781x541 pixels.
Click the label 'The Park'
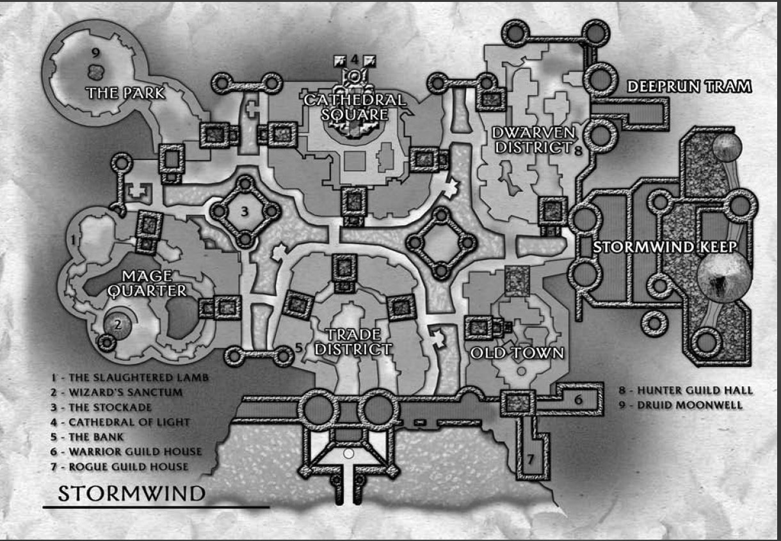click(126, 93)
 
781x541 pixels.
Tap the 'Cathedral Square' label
click(354, 107)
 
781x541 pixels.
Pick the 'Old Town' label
click(517, 353)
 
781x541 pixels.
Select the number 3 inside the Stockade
click(244, 210)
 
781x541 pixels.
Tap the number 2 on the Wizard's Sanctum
click(118, 323)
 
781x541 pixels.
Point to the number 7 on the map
click(530, 458)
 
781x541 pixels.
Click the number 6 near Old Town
click(577, 400)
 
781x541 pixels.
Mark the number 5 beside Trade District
click(299, 348)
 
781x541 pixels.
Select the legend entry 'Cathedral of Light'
click(129, 421)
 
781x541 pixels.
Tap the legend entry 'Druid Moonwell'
click(681, 405)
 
